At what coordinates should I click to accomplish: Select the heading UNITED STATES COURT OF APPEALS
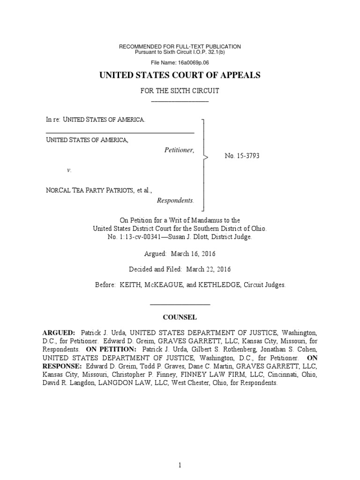point(180,75)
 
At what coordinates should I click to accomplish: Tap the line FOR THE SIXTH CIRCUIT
point(180,91)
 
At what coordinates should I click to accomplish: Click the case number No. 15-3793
point(242,156)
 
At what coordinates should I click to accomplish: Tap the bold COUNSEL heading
point(180,317)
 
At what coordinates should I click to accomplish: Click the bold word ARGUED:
point(59,332)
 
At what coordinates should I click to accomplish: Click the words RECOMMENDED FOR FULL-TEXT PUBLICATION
point(180,46)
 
